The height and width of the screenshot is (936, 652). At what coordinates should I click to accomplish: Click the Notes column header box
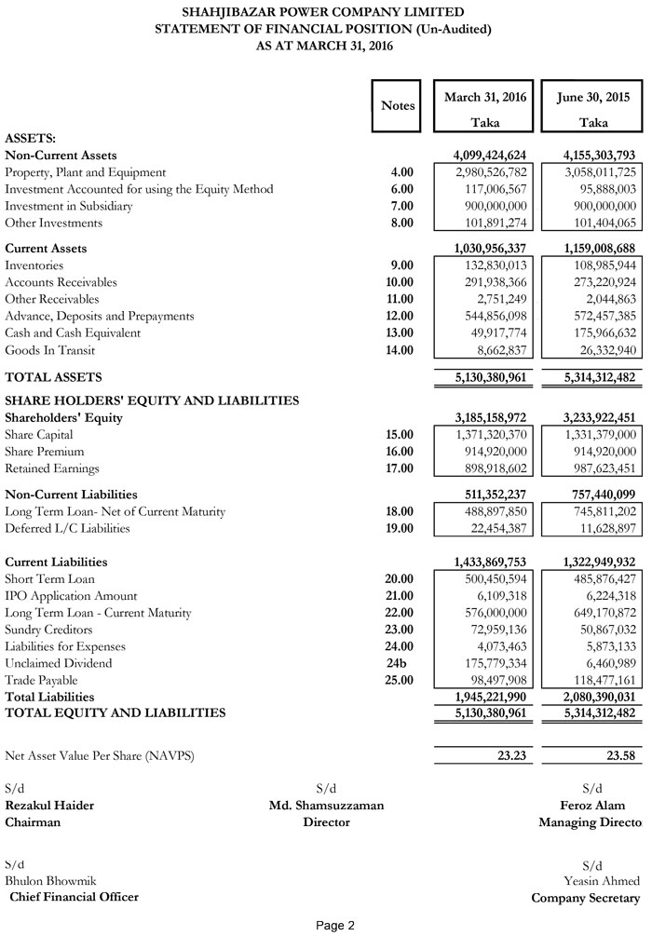tap(398, 106)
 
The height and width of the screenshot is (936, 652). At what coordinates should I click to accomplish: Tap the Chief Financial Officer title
tap(74, 897)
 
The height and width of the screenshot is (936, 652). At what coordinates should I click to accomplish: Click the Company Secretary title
tap(586, 899)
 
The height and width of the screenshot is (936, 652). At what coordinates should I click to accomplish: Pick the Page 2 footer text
tap(335, 926)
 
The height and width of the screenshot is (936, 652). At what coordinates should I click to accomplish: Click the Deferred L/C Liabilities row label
tap(68, 529)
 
